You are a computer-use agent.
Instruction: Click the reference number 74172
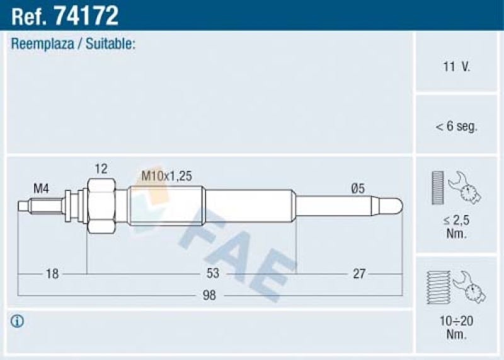coord(86,15)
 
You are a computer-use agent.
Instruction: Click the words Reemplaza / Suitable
coord(74,44)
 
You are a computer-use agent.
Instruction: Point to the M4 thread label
coord(41,187)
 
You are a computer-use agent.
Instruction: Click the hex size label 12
coord(101,168)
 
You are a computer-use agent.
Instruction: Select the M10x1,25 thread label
coord(166,177)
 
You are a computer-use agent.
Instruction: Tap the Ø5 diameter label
coord(358,187)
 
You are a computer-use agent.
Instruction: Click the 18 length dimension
coord(52,274)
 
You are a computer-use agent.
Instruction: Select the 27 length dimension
coord(358,274)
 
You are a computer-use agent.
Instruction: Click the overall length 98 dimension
coord(209,295)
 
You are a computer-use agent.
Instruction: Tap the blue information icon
coord(17,322)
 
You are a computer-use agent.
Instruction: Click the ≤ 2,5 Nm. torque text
coord(457,227)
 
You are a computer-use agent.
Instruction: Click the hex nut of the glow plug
coord(101,206)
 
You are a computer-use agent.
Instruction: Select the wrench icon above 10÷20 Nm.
coord(469,287)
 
